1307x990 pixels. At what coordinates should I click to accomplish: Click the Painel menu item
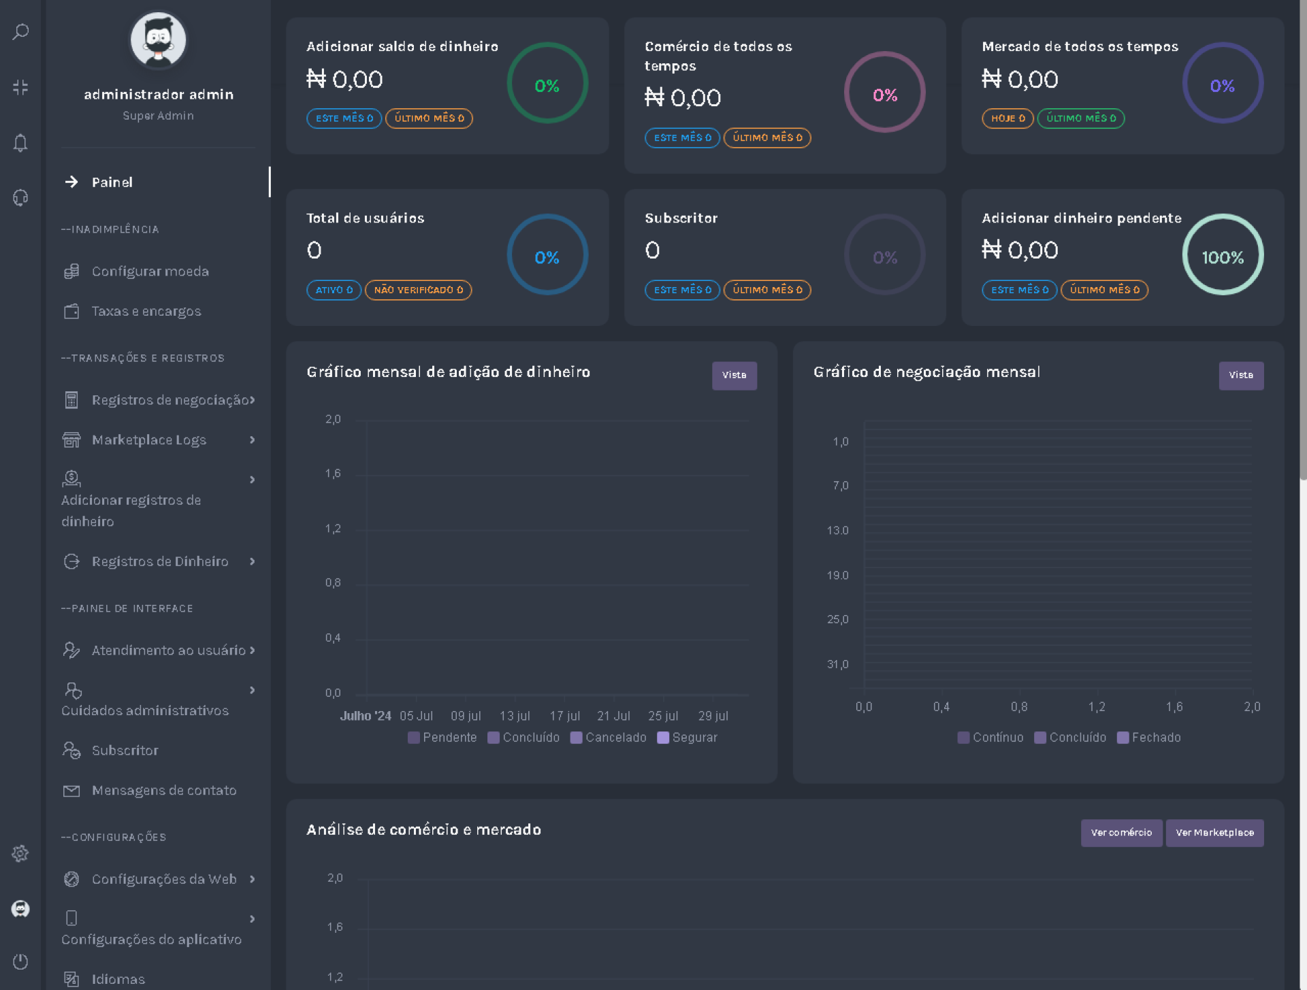coord(112,182)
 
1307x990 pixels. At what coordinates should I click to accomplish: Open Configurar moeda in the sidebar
coord(150,271)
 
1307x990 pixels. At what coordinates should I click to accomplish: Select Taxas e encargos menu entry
coord(146,312)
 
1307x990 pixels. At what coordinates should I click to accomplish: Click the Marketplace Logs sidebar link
coord(148,440)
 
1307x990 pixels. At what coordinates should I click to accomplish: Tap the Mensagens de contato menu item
coord(163,791)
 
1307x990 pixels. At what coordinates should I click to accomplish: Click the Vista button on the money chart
coord(734,376)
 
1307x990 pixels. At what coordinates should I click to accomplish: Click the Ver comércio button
coord(1121,833)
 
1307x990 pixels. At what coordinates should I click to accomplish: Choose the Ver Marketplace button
coord(1214,833)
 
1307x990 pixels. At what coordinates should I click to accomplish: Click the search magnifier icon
coord(20,32)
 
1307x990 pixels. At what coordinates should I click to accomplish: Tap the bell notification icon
coord(20,143)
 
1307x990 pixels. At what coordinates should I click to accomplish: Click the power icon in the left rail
coord(20,961)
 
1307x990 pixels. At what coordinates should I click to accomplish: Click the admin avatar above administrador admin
coord(158,40)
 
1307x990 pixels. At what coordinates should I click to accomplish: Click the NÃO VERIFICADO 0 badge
coord(418,290)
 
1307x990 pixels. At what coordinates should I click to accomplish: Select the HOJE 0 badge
coord(1007,118)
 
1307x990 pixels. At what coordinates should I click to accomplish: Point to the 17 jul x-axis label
coord(564,716)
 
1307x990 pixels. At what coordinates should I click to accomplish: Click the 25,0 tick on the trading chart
coord(837,619)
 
